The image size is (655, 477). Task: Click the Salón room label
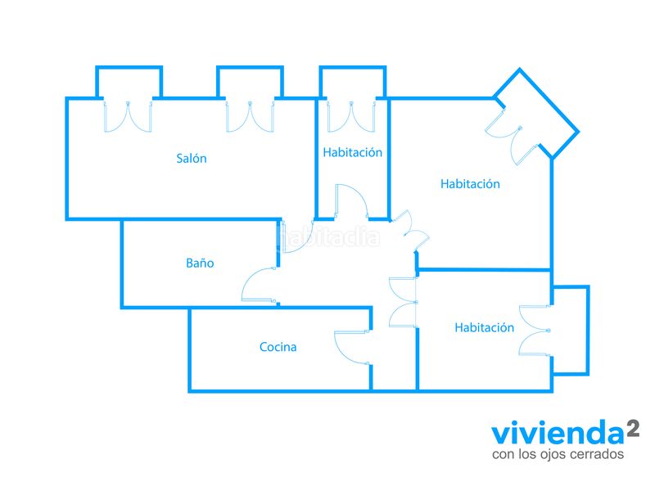(192, 158)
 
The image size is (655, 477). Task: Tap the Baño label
(200, 263)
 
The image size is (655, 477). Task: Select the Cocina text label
(278, 347)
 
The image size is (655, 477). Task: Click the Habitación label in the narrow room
(353, 152)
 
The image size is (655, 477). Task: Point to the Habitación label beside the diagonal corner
(470, 183)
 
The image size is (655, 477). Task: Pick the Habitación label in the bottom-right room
(484, 327)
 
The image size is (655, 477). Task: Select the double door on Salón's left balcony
(128, 116)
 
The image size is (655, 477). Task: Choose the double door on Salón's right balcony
(250, 116)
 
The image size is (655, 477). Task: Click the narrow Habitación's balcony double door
(351, 116)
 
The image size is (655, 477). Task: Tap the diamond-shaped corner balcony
(537, 113)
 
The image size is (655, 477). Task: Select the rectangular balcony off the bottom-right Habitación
(571, 331)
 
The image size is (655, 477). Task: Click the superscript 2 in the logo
(633, 429)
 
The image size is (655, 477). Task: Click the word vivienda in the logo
(558, 434)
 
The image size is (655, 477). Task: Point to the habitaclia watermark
(329, 237)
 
